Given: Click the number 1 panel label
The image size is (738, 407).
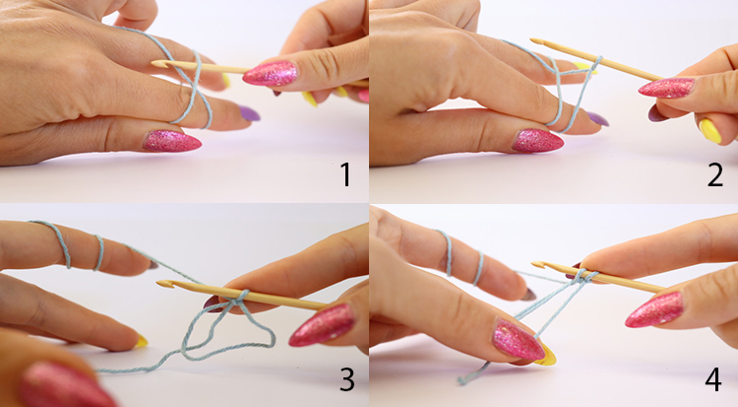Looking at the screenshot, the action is [x=346, y=174].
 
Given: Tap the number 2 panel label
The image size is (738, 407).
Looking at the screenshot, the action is [x=715, y=174].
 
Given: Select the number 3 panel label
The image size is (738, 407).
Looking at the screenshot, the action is [x=347, y=379].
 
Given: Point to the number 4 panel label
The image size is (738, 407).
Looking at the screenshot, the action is [x=713, y=379].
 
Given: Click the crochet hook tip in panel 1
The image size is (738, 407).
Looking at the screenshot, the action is [x=154, y=63].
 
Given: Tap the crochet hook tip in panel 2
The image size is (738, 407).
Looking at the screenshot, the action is [x=533, y=41].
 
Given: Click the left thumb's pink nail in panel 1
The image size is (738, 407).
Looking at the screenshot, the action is [x=172, y=141].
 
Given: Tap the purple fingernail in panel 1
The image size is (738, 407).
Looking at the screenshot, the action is [x=250, y=113].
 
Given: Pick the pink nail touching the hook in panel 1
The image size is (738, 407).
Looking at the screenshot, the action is [x=271, y=73].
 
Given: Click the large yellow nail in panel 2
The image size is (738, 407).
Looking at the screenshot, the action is [x=710, y=131].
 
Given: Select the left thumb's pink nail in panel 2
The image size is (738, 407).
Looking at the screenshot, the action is [x=537, y=141].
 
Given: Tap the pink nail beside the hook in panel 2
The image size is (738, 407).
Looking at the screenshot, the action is [x=666, y=88].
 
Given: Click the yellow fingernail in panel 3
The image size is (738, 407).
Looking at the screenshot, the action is [x=141, y=342].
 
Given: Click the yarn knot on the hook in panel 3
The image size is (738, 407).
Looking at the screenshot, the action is [x=239, y=299].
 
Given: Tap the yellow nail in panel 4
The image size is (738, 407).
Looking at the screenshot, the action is [x=546, y=355].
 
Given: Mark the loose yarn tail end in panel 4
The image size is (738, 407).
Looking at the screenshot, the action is [x=461, y=380].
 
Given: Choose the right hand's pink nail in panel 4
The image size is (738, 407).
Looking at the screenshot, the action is [x=654, y=309].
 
